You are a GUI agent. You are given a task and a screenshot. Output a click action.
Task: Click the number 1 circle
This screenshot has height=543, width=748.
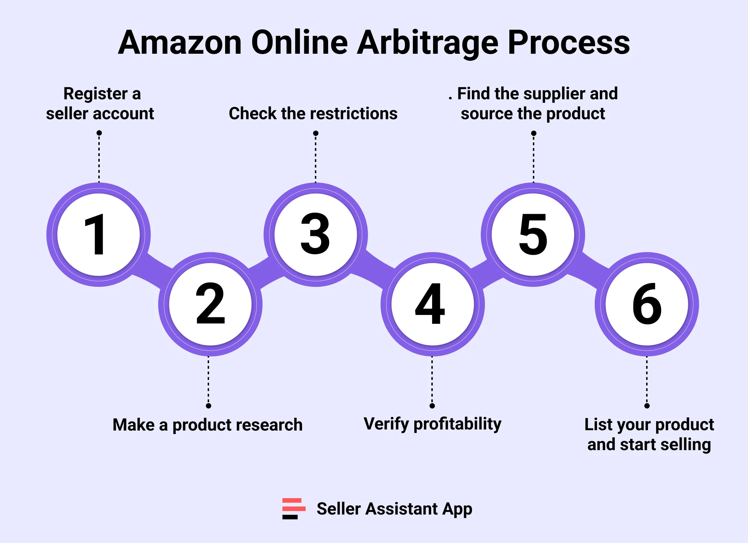click(x=99, y=234)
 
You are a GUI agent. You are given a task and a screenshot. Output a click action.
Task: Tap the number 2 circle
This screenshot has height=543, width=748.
click(x=210, y=304)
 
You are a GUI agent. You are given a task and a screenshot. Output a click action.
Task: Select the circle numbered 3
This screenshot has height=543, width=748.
click(x=316, y=234)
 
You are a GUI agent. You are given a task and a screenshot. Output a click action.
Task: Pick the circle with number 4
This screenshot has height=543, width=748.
click(x=432, y=304)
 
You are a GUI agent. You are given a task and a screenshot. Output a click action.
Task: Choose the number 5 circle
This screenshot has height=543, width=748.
click(x=533, y=234)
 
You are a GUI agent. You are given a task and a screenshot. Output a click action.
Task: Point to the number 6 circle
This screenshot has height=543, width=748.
click(x=647, y=304)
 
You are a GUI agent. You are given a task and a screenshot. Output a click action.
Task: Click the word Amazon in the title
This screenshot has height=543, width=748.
click(x=180, y=43)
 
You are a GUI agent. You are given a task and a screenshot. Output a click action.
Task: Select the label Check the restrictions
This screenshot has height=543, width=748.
click(x=313, y=114)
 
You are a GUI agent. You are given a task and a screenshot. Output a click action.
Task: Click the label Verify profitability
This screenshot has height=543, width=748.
click(x=432, y=424)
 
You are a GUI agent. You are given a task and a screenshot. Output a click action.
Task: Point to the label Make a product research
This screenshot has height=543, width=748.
click(x=208, y=425)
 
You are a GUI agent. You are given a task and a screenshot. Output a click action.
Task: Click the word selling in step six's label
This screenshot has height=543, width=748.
click(x=689, y=445)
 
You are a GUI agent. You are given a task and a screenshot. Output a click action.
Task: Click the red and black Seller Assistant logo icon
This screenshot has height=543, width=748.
click(x=294, y=508)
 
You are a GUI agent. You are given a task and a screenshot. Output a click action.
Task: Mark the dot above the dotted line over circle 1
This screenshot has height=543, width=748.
click(x=99, y=133)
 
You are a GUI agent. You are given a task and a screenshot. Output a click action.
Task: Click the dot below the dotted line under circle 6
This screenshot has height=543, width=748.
click(x=647, y=406)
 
